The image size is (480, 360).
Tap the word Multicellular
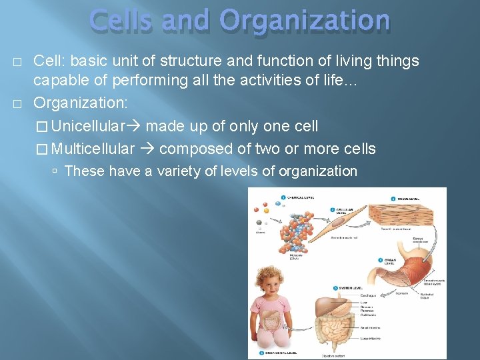point(93,149)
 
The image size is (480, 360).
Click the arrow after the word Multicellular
point(147,149)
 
